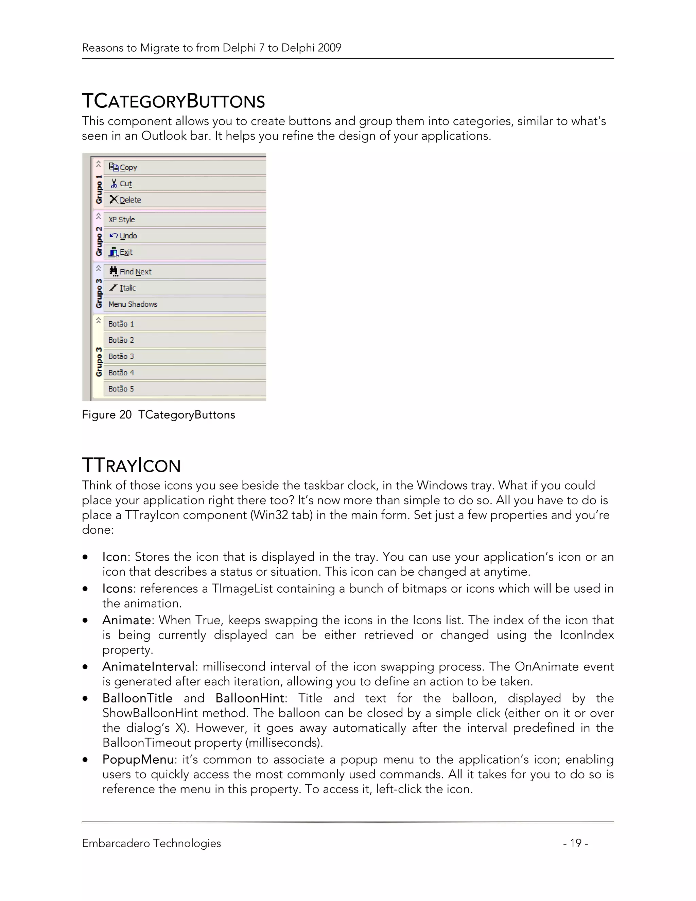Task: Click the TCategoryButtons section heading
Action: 173,101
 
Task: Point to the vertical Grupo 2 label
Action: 99,241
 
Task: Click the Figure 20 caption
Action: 158,414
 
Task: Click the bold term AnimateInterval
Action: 149,667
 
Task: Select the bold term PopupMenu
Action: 138,760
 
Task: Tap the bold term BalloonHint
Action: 250,698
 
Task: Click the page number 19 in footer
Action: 575,843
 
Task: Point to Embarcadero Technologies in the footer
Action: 151,843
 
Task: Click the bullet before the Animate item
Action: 85,620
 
